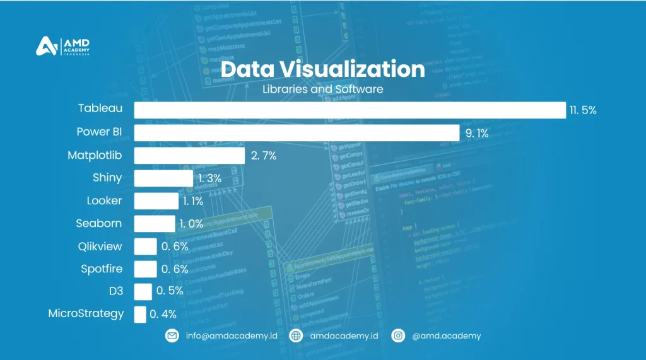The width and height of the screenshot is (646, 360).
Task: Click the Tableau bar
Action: pos(349,110)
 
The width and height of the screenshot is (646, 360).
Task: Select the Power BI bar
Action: pos(297,133)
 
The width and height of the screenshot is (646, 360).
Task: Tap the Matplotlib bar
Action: pos(189,156)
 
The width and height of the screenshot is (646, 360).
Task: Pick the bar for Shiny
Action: pos(163,178)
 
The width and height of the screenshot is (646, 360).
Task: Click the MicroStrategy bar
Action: pos(140,314)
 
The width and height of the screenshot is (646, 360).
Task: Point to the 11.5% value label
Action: pos(583,110)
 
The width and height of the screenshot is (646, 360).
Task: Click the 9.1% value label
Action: pos(476,133)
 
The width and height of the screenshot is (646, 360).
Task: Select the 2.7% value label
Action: pos(264,156)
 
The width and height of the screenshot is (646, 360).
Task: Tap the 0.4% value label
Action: pos(163,314)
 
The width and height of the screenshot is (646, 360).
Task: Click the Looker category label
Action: pos(104,201)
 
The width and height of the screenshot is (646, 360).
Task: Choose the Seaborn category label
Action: pos(99,223)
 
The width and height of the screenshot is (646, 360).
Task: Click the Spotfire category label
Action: pos(102,269)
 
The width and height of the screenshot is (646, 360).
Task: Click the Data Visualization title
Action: pos(322,69)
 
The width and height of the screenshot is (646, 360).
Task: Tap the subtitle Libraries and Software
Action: pos(322,89)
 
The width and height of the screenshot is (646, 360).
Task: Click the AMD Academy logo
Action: pos(62,47)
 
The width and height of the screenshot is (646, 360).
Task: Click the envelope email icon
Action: pos(172,336)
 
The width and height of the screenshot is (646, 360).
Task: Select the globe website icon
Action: pos(296,336)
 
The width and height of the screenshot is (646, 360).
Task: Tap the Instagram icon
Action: pos(398,336)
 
